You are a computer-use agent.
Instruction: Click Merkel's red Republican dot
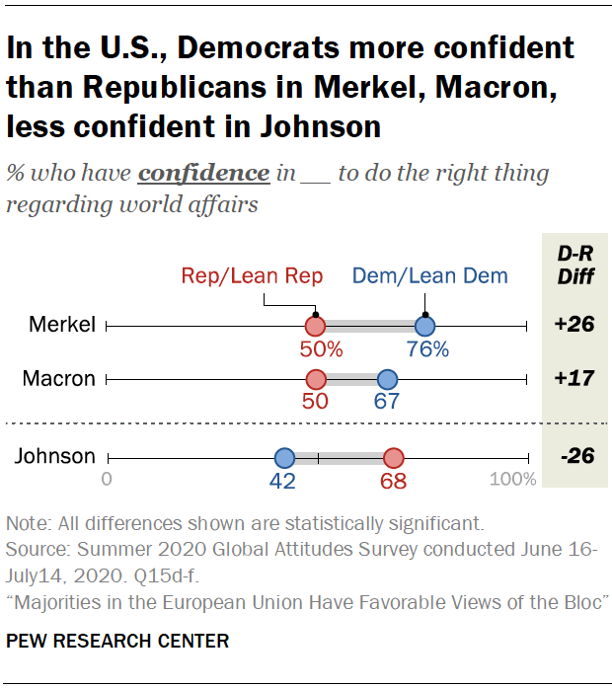pos(315,326)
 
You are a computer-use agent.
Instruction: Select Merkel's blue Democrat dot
pos(424,326)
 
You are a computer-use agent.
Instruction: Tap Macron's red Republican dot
pos(315,379)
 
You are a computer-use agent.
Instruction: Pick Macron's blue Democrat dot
pos(387,379)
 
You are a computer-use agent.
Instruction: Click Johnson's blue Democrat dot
pos(284,457)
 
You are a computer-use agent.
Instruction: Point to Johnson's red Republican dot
pos(394,457)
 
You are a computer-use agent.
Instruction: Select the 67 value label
pos(387,403)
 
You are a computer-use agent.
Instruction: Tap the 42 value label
pos(284,482)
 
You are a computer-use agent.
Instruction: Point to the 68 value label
pos(394,482)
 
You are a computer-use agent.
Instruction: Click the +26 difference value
pos(574,326)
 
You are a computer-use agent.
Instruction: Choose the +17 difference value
pos(574,379)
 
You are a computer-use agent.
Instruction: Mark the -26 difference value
pos(574,457)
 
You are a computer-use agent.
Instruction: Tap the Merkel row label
pos(63,326)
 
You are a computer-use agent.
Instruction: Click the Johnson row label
pos(55,457)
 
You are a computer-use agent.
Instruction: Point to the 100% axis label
pos(513,481)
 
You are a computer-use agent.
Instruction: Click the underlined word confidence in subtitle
pos(203,174)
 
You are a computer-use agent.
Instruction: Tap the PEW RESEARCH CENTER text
pos(117,641)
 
